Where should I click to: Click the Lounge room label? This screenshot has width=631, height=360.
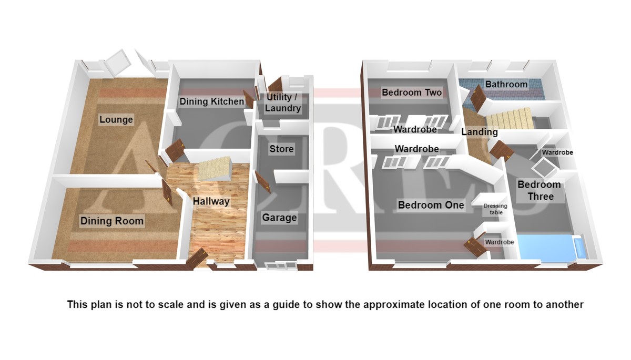coord(116,119)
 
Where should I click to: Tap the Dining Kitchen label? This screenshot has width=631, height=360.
coord(211,101)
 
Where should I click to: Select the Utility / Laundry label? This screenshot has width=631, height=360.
coord(282,102)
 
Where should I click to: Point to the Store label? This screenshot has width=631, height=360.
coord(281,149)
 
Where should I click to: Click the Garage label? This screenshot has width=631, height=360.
coord(279,218)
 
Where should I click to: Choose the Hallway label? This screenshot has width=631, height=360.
coord(211,201)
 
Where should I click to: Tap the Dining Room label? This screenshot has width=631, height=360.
coord(112,221)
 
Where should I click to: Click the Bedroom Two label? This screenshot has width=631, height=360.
coord(412,92)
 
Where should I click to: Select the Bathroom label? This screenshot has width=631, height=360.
coord(506,84)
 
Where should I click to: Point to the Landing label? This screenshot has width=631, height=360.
coord(480,132)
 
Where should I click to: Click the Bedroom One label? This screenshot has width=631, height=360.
coord(431,205)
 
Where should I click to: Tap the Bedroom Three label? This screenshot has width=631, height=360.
coord(540,191)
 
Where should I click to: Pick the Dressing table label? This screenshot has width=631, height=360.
coord(495,209)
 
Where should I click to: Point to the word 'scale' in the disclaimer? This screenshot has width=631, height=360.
coord(171,304)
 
